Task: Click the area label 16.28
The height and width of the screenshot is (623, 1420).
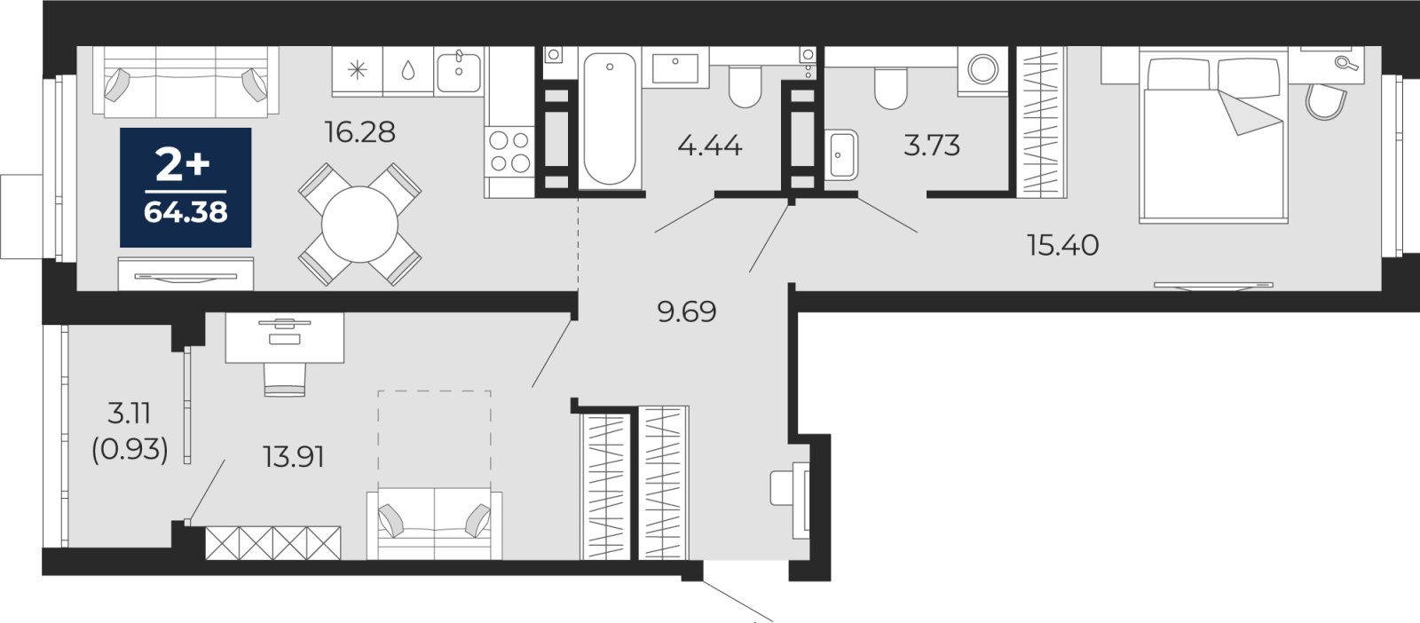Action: click(359, 132)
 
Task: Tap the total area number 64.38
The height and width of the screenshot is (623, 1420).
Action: click(185, 212)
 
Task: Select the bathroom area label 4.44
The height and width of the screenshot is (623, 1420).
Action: click(709, 146)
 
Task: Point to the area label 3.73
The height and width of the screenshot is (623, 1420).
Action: click(931, 146)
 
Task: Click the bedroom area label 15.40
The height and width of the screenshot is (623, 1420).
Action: click(1063, 245)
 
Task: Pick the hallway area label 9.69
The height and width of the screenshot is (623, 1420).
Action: click(687, 311)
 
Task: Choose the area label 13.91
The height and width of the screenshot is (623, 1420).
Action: click(294, 457)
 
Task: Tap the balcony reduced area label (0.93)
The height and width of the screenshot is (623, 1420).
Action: click(130, 451)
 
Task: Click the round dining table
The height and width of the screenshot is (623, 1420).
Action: click(359, 225)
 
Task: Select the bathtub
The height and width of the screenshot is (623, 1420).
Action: click(610, 119)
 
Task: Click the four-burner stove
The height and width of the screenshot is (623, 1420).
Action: click(509, 152)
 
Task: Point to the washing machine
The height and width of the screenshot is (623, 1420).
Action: click(982, 70)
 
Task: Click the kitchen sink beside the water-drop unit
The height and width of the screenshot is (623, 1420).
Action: click(458, 71)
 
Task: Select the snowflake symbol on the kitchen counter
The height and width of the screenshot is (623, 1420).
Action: click(358, 70)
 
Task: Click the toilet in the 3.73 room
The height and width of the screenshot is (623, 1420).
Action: click(891, 88)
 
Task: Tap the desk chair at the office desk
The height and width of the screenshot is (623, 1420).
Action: click(285, 380)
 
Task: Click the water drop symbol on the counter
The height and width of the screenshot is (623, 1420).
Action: click(408, 70)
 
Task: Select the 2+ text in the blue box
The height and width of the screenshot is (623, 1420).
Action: click(183, 166)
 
